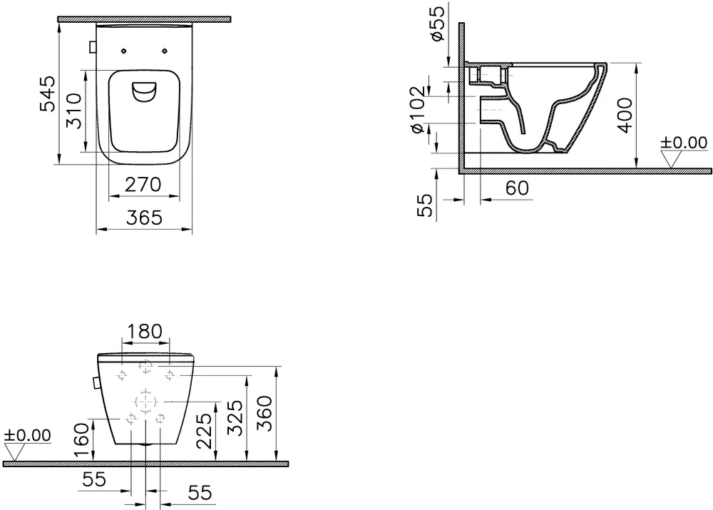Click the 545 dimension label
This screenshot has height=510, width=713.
(48, 93)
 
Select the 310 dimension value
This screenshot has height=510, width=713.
(73, 111)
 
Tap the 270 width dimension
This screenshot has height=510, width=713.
(143, 184)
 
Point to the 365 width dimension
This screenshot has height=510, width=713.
(144, 218)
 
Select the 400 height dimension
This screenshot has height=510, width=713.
(626, 116)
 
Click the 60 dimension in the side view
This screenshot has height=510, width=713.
(517, 188)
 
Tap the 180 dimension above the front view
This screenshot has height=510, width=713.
(144, 331)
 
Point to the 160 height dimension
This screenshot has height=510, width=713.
(82, 440)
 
